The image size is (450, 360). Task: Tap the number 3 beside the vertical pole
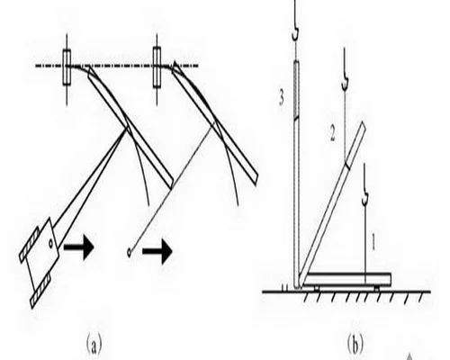tap(281, 98)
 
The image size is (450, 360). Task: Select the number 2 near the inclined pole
tap(333, 133)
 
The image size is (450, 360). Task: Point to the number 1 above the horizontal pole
tap(373, 242)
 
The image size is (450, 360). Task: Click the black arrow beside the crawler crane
tap(79, 247)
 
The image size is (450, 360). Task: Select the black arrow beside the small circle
tap(157, 251)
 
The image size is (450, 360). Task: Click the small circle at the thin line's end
tap(129, 253)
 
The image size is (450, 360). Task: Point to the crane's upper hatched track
tap(29, 245)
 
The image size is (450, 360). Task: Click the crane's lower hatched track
tap(41, 291)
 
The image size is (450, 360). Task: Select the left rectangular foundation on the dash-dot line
tap(67, 67)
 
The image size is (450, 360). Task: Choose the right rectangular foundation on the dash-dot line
tap(157, 67)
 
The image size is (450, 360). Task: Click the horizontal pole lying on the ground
tap(346, 279)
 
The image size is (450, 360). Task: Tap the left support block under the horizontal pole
tap(316, 289)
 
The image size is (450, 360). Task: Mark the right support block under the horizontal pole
tap(376, 289)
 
